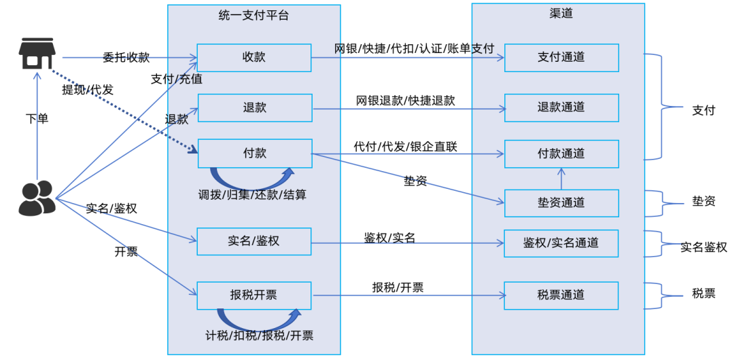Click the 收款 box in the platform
254,58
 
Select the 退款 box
254,107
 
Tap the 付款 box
254,154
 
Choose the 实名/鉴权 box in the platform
254,241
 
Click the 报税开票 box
254,295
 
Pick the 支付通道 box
561,58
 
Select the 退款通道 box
561,107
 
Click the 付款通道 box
561,154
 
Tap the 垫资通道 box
561,203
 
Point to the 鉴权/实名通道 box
561,243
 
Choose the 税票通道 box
561,295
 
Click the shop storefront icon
37,54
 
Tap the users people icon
37,198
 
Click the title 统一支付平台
254,15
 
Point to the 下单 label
37,119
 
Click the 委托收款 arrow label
126,58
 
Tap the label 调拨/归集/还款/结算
252,195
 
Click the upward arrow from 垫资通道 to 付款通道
561,179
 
